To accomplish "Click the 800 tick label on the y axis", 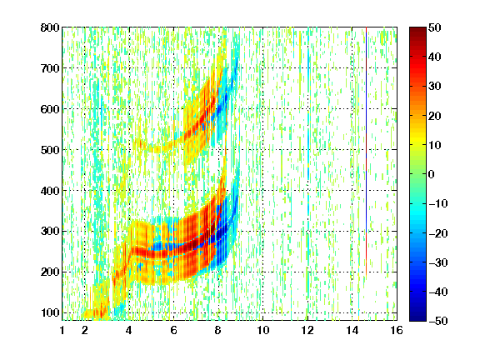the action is [x=50, y=27].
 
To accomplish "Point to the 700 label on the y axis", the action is [x=50, y=68].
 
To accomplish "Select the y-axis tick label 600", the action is [x=50, y=109].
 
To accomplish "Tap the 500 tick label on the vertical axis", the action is [x=50, y=150].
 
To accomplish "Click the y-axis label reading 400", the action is [x=50, y=191].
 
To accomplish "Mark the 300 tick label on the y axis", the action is [x=50, y=231].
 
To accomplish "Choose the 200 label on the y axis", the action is [x=50, y=272].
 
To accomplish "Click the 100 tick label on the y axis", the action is [x=50, y=312].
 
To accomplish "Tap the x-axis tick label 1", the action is [x=62, y=330].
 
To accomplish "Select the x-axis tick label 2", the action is [x=85, y=330].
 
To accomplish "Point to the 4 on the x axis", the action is [x=129, y=330].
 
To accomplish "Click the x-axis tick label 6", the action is [x=173, y=330].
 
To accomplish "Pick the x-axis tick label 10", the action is [x=263, y=330].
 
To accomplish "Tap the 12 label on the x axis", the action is [x=307, y=330].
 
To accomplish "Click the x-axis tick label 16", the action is [x=397, y=330].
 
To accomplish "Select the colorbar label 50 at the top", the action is [x=434, y=27].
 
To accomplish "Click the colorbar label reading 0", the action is [x=432, y=174].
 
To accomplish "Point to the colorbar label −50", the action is [x=438, y=321].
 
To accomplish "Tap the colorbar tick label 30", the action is [x=434, y=86].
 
